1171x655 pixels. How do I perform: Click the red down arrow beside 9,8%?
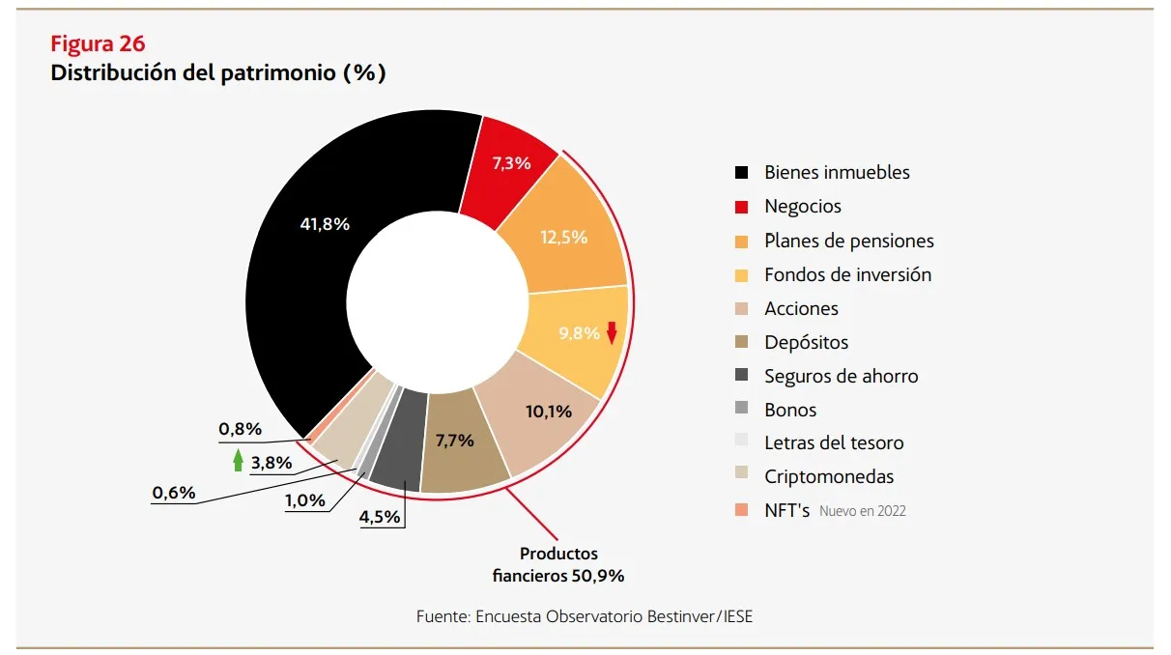click(x=611, y=332)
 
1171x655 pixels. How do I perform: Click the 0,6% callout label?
click(x=174, y=494)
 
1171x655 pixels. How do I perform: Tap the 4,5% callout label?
click(x=380, y=517)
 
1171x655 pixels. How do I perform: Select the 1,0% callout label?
click(x=304, y=499)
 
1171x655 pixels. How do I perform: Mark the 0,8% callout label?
click(x=240, y=428)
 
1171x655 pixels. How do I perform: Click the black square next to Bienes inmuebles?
click(x=741, y=173)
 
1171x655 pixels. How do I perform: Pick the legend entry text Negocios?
click(x=802, y=207)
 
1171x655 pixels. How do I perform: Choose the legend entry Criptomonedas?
click(x=828, y=476)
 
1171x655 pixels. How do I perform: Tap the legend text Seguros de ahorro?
click(x=841, y=376)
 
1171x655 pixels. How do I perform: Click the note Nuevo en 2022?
click(x=862, y=511)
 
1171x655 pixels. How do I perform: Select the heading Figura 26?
click(x=98, y=43)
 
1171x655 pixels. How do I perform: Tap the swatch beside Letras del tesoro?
click(x=741, y=442)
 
